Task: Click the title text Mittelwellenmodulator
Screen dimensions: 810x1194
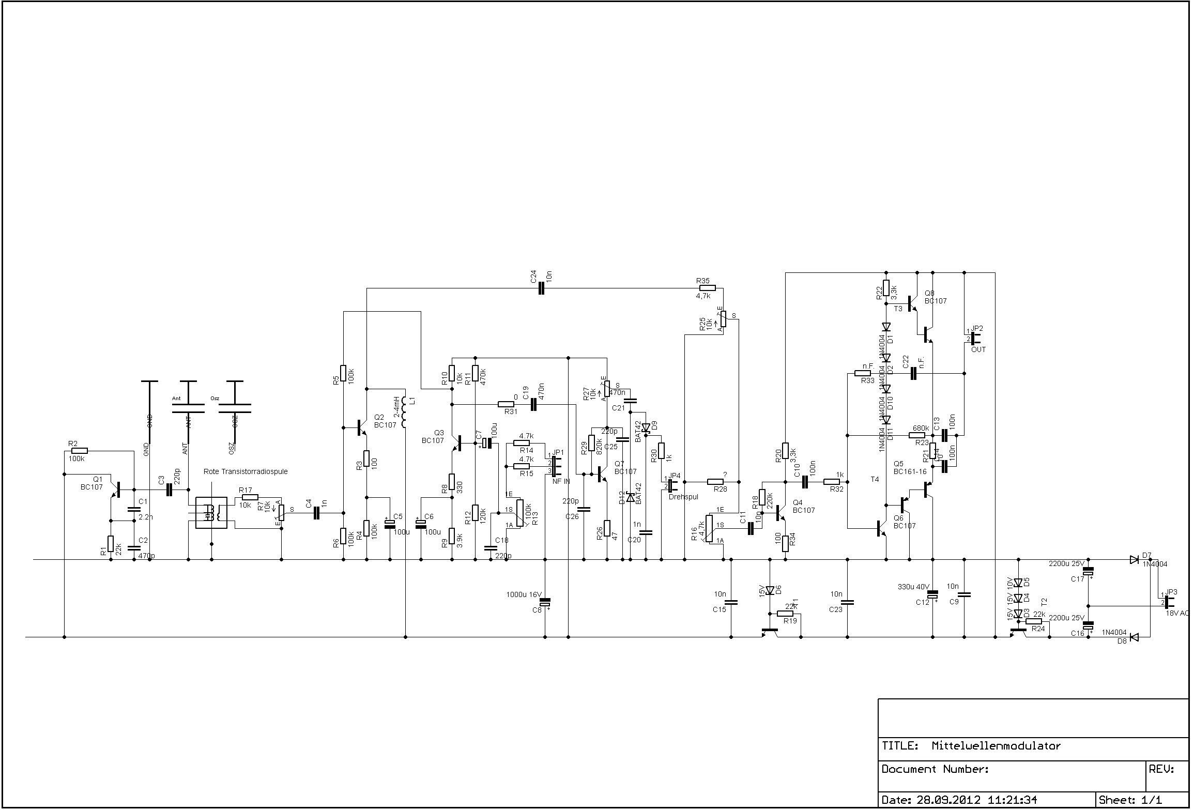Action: pos(996,746)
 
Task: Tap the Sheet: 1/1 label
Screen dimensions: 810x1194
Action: pos(1130,800)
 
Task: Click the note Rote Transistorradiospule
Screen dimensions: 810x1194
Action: pos(246,471)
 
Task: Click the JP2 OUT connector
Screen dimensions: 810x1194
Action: pos(973,338)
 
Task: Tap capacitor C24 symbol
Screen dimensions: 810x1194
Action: pos(541,288)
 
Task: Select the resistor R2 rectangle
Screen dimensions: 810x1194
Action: pos(80,451)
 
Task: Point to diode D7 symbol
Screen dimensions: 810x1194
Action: pos(1134,559)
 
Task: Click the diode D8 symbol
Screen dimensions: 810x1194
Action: pos(1134,637)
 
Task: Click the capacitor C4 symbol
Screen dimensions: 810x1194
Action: pos(317,513)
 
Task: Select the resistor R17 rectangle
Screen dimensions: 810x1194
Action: pos(250,497)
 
